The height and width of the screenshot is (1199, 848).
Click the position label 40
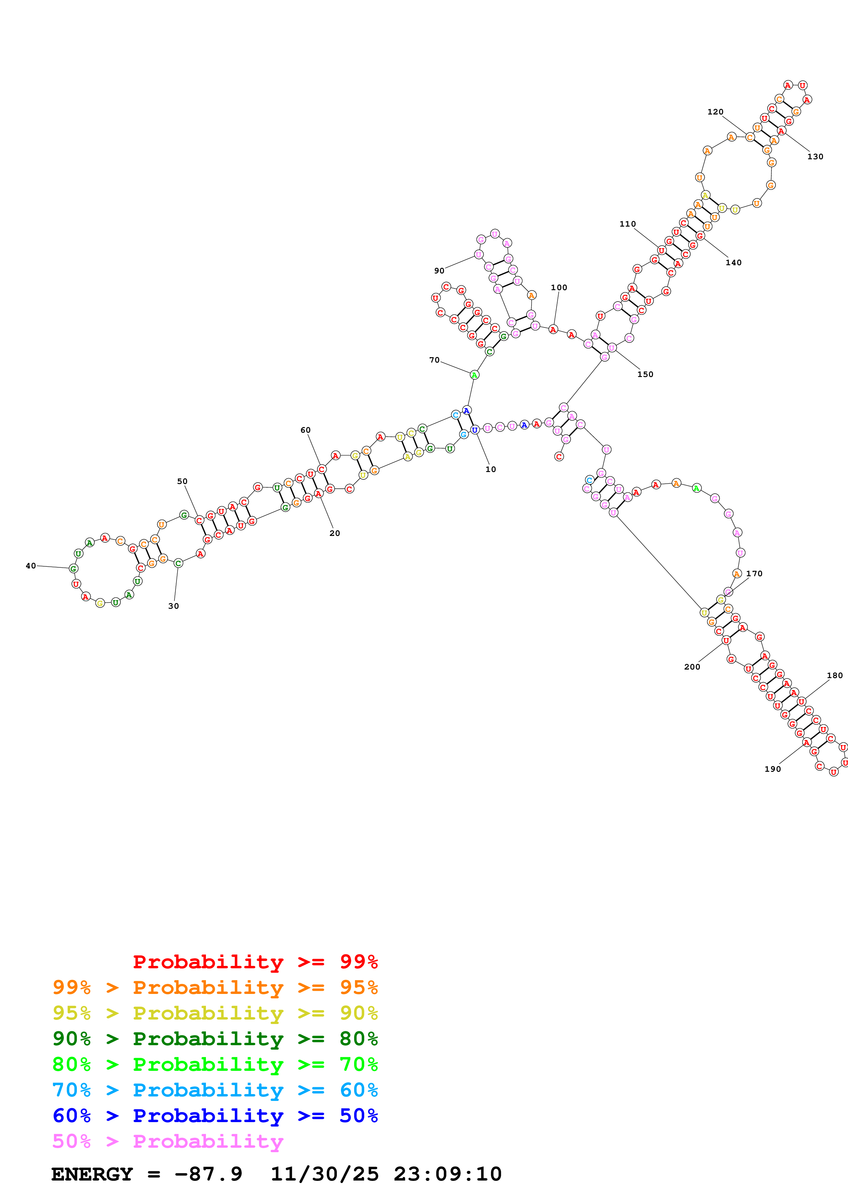tap(31, 566)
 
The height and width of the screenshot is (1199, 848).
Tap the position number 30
tap(173, 606)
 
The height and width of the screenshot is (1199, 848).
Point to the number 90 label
tap(439, 270)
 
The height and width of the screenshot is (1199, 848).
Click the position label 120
tap(715, 112)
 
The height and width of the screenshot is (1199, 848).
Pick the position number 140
tap(733, 263)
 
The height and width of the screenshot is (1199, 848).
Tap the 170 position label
tap(754, 574)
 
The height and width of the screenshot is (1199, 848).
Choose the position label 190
tap(772, 769)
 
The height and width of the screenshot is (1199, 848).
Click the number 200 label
tap(692, 667)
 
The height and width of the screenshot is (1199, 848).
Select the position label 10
tap(491, 469)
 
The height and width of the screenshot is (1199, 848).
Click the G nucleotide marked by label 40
tap(74, 568)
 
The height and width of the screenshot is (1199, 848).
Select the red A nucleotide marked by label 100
tap(553, 329)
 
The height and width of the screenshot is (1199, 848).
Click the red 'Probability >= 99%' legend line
tap(255, 961)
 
